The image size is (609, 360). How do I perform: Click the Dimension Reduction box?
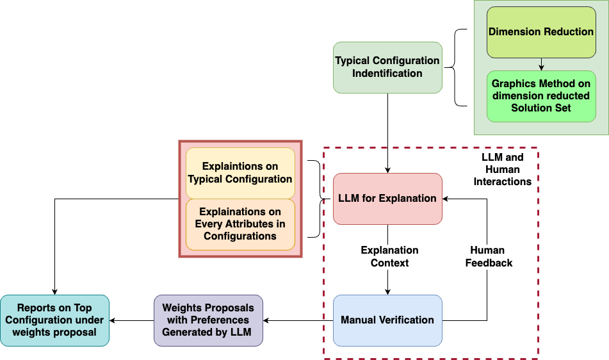click(x=541, y=32)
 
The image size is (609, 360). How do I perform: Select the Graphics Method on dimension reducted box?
click(x=541, y=96)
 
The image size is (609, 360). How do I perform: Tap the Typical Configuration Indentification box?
click(x=387, y=67)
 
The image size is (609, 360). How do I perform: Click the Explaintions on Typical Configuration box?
click(x=240, y=173)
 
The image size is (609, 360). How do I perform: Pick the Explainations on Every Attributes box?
click(x=240, y=224)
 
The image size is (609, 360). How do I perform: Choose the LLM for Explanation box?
click(x=387, y=199)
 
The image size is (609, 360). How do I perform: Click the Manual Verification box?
click(x=387, y=320)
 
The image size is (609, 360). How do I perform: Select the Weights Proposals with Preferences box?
click(x=208, y=320)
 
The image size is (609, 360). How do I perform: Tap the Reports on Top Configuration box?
click(x=54, y=320)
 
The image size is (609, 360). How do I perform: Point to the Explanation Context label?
click(x=389, y=256)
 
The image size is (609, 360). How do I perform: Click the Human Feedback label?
click(x=489, y=256)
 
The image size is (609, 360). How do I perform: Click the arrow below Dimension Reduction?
click(x=541, y=64)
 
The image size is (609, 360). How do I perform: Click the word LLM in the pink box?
click(x=350, y=199)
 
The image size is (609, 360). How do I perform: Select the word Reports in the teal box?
click(x=36, y=308)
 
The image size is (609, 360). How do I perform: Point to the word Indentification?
click(x=387, y=74)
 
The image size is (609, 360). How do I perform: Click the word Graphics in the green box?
click(x=512, y=84)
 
